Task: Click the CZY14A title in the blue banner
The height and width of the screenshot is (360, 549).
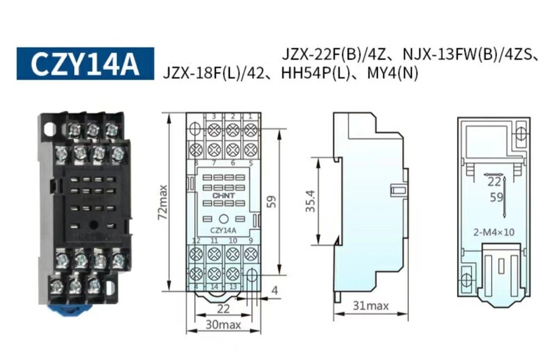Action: click(x=85, y=64)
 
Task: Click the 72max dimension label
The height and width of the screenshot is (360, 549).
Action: click(x=163, y=202)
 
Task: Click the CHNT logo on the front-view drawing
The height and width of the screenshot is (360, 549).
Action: click(x=224, y=196)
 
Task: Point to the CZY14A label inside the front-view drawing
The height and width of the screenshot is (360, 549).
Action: click(x=224, y=230)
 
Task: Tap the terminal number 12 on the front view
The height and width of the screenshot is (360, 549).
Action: click(x=196, y=241)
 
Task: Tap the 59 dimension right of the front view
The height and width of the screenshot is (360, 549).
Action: click(x=272, y=201)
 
